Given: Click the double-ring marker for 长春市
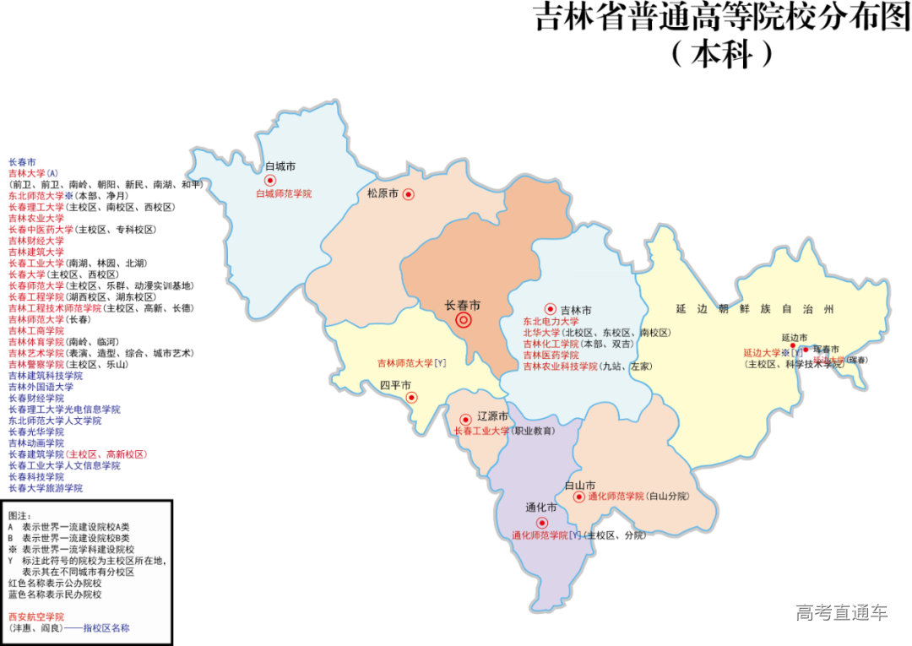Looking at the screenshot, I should click(464, 320).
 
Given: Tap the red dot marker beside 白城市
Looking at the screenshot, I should click(270, 180).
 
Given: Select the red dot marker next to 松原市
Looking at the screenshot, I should click(408, 194).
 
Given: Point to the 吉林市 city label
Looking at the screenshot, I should click(576, 310).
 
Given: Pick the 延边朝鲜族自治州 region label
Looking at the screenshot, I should click(754, 310).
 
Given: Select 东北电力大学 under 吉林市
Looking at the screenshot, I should click(551, 322).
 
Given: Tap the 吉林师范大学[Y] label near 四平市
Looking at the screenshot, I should click(411, 363).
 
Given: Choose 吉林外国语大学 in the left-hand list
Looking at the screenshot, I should click(41, 387).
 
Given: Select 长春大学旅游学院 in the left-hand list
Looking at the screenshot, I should click(46, 488).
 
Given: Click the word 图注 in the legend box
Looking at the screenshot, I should click(19, 515).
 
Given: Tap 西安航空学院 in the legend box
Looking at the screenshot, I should click(36, 617).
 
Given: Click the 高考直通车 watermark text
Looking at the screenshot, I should click(841, 613).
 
